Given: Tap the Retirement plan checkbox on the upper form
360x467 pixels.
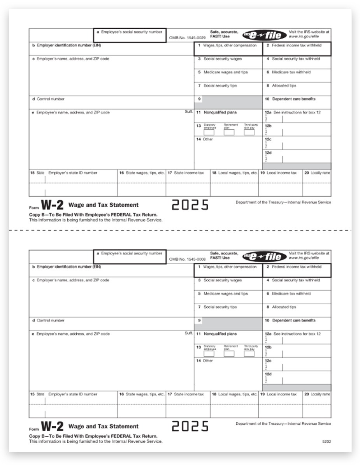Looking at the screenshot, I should click(x=229, y=132).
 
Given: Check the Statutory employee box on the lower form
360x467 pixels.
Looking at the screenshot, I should click(x=209, y=354).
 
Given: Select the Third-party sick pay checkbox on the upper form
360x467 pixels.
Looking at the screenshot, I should click(x=249, y=132).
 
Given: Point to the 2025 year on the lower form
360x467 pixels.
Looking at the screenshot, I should click(x=190, y=426).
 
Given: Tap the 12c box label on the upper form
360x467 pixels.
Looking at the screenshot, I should click(x=268, y=139).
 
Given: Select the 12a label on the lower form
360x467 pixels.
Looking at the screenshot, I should click(x=268, y=334).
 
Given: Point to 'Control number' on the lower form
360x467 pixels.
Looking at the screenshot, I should click(x=51, y=321).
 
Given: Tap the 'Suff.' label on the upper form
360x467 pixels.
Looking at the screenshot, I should click(x=188, y=112).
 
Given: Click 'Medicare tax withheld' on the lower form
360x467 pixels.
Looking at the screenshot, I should click(x=291, y=294).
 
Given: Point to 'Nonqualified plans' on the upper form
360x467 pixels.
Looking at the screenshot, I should click(x=220, y=112).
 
